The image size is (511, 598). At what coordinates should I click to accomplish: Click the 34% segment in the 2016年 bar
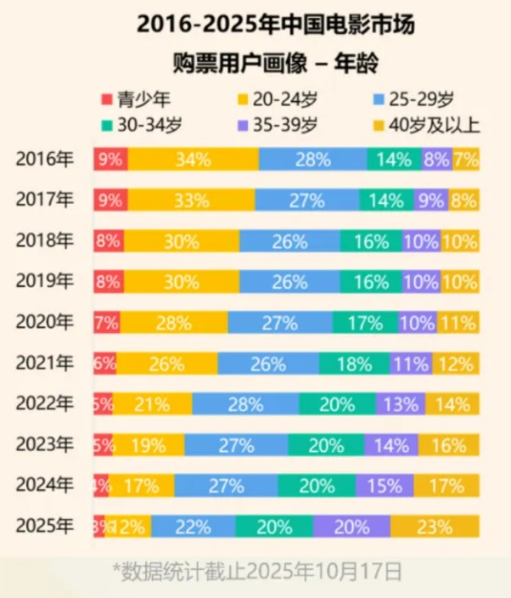(x=194, y=160)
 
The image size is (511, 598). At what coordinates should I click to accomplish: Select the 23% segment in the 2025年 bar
(x=435, y=527)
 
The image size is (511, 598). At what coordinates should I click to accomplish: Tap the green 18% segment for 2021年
(x=354, y=364)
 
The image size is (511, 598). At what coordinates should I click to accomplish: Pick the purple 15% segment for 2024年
(x=385, y=486)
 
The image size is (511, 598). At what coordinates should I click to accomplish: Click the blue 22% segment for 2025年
(x=194, y=527)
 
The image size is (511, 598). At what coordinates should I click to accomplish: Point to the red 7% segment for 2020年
(x=107, y=323)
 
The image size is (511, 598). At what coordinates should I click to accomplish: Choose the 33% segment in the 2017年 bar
(x=191, y=200)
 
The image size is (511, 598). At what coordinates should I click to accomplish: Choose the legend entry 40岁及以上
(x=434, y=124)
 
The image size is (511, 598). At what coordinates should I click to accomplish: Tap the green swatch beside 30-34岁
(x=106, y=125)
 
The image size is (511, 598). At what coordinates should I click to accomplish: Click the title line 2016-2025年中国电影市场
(x=255, y=25)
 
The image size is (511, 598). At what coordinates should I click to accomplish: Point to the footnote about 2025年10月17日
(x=257, y=567)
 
